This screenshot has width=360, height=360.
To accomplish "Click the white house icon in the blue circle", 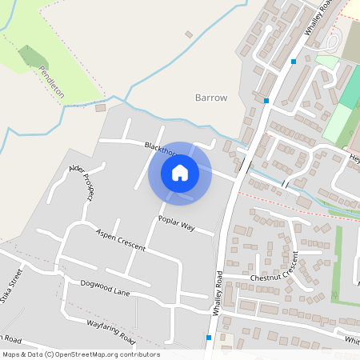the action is [x=180, y=172].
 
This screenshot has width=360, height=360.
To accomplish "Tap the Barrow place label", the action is [x=211, y=98].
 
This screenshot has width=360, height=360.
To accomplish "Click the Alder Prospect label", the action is [x=82, y=182].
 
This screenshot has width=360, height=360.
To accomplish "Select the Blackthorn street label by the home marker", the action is [x=159, y=149].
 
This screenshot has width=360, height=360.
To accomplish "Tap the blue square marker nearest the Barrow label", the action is [x=265, y=101].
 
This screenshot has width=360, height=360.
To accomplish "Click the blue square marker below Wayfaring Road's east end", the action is [x=209, y=338].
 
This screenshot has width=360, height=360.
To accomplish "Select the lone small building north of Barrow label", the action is [x=189, y=34].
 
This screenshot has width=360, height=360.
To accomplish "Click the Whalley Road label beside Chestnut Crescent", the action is [x=218, y=292].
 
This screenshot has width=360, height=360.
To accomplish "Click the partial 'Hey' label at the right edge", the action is [x=354, y=159].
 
